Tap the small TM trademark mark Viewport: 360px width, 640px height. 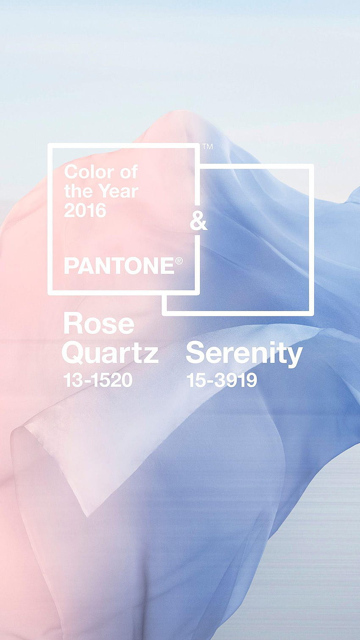(208, 147)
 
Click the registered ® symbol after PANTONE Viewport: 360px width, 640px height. (179, 261)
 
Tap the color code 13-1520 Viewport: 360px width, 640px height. (98, 380)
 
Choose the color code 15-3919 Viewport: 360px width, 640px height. (222, 380)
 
